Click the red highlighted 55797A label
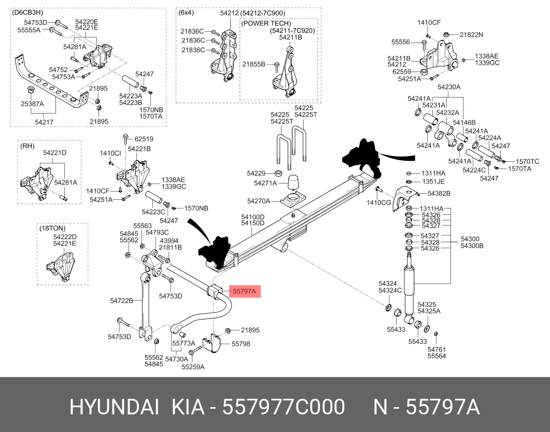245,292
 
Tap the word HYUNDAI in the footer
115,408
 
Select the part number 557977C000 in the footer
284,408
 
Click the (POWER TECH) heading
266,24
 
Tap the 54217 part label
44,122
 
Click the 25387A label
32,104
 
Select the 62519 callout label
144,139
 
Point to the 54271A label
264,183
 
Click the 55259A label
193,367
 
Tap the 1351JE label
432,182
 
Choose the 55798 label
241,343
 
